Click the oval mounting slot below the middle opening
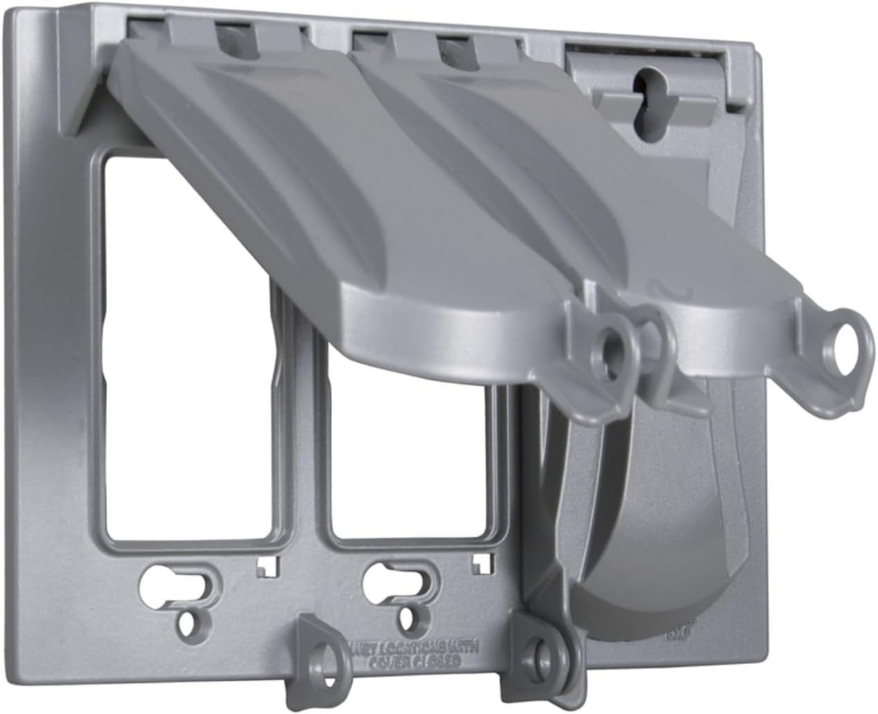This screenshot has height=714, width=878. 401,575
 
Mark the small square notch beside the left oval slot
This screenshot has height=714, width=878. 264,567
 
